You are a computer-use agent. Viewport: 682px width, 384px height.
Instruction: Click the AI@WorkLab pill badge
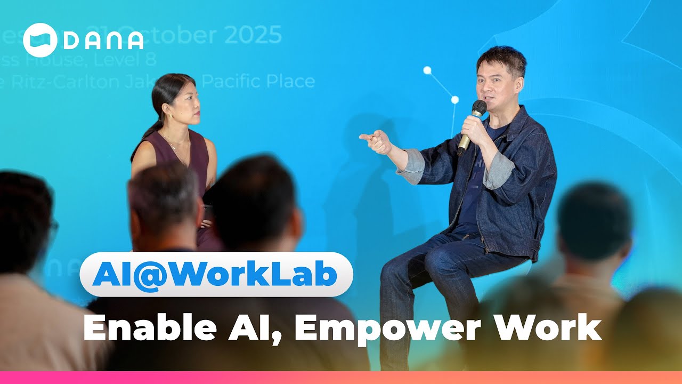(x=216, y=274)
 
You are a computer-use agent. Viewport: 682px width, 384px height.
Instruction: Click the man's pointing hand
(x=376, y=141)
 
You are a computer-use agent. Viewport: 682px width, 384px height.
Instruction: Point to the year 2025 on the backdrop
(x=253, y=36)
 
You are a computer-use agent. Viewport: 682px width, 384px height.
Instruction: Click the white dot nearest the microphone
(x=454, y=100)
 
